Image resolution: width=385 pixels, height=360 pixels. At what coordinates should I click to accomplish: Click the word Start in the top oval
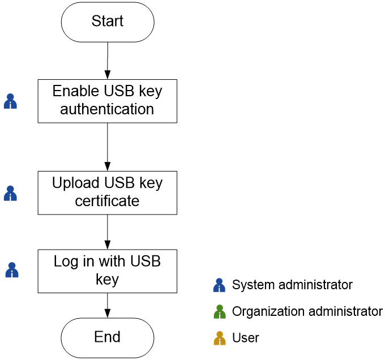point(108,22)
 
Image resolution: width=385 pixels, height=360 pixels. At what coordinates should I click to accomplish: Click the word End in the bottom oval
point(108,337)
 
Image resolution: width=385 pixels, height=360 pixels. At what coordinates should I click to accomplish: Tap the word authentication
point(107,109)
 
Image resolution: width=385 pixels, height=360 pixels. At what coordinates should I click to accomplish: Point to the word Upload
point(76,183)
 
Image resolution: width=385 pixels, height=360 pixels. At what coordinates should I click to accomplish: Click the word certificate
point(107,201)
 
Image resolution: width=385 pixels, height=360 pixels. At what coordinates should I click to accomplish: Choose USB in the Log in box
point(146,262)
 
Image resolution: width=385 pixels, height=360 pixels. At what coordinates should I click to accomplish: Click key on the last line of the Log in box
point(108,279)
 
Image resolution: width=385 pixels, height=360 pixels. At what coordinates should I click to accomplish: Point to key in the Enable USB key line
point(150,91)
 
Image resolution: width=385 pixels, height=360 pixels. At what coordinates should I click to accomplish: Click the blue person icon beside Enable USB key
point(10,101)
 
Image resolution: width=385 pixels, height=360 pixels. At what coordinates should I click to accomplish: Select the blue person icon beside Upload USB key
point(10,194)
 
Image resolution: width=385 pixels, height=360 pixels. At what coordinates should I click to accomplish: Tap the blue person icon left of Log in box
point(12,270)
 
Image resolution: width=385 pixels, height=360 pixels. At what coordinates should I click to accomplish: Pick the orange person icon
point(220,338)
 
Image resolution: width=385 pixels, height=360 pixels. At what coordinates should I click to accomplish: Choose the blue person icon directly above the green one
point(219,285)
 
